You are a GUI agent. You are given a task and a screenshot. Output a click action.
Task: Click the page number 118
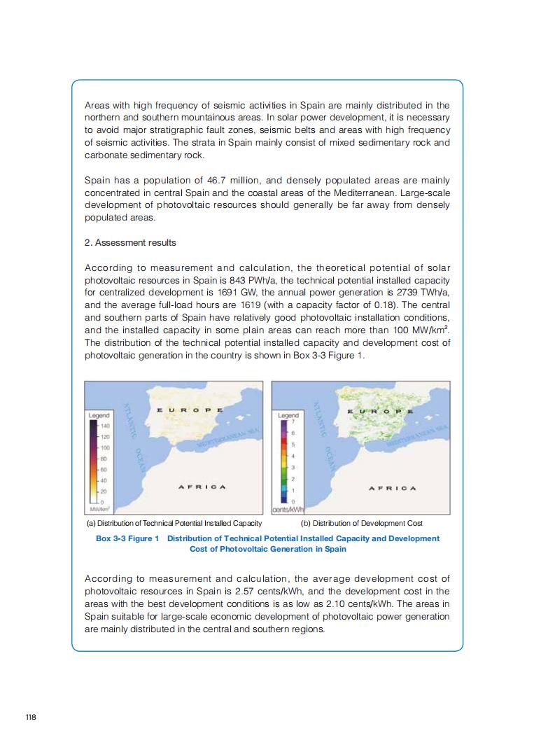coord(30,717)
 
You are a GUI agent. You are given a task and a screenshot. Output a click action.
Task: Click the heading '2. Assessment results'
coord(130,242)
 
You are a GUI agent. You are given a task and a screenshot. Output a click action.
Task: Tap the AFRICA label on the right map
coord(392,488)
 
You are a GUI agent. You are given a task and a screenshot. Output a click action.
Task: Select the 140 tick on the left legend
coord(106,426)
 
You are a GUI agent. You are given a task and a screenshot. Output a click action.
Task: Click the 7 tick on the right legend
coord(293,423)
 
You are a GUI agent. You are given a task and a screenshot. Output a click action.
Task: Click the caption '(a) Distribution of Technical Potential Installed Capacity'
coord(174,523)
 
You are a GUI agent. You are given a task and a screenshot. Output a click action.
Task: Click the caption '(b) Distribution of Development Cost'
coord(361,523)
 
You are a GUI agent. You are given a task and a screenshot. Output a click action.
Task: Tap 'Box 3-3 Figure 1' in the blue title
coord(127,538)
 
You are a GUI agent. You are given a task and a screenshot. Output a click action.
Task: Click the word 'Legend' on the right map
coord(288,415)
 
